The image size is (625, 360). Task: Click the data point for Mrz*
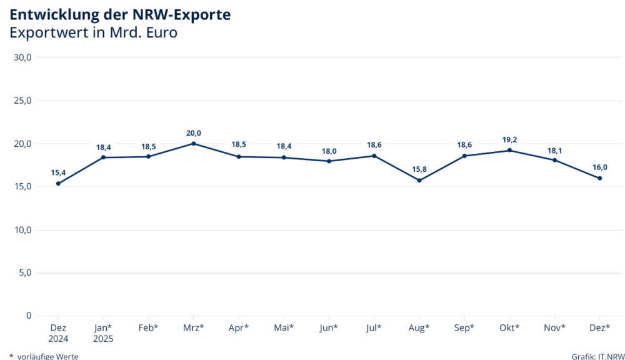point(194,143)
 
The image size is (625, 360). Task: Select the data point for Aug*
point(419,180)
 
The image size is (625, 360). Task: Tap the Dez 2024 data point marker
point(58,183)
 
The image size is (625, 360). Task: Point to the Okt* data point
point(509,150)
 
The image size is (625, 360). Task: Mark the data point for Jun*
point(329,161)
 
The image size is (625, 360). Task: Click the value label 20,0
point(194,133)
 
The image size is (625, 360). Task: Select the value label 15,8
point(419,169)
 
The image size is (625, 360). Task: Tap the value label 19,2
point(509,140)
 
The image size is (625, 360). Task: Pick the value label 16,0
point(600,167)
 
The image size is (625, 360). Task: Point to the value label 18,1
point(554,150)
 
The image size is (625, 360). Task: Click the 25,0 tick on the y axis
point(22,101)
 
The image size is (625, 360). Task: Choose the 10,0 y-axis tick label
point(22,230)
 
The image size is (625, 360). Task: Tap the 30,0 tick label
point(22,57)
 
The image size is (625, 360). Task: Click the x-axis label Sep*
point(464,327)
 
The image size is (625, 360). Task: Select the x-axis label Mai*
point(284,327)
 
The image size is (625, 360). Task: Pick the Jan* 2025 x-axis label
point(103,332)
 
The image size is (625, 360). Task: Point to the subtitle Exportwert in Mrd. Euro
point(93,33)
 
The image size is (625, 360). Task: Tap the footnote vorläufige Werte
point(47,356)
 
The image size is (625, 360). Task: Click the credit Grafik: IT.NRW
point(597,356)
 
